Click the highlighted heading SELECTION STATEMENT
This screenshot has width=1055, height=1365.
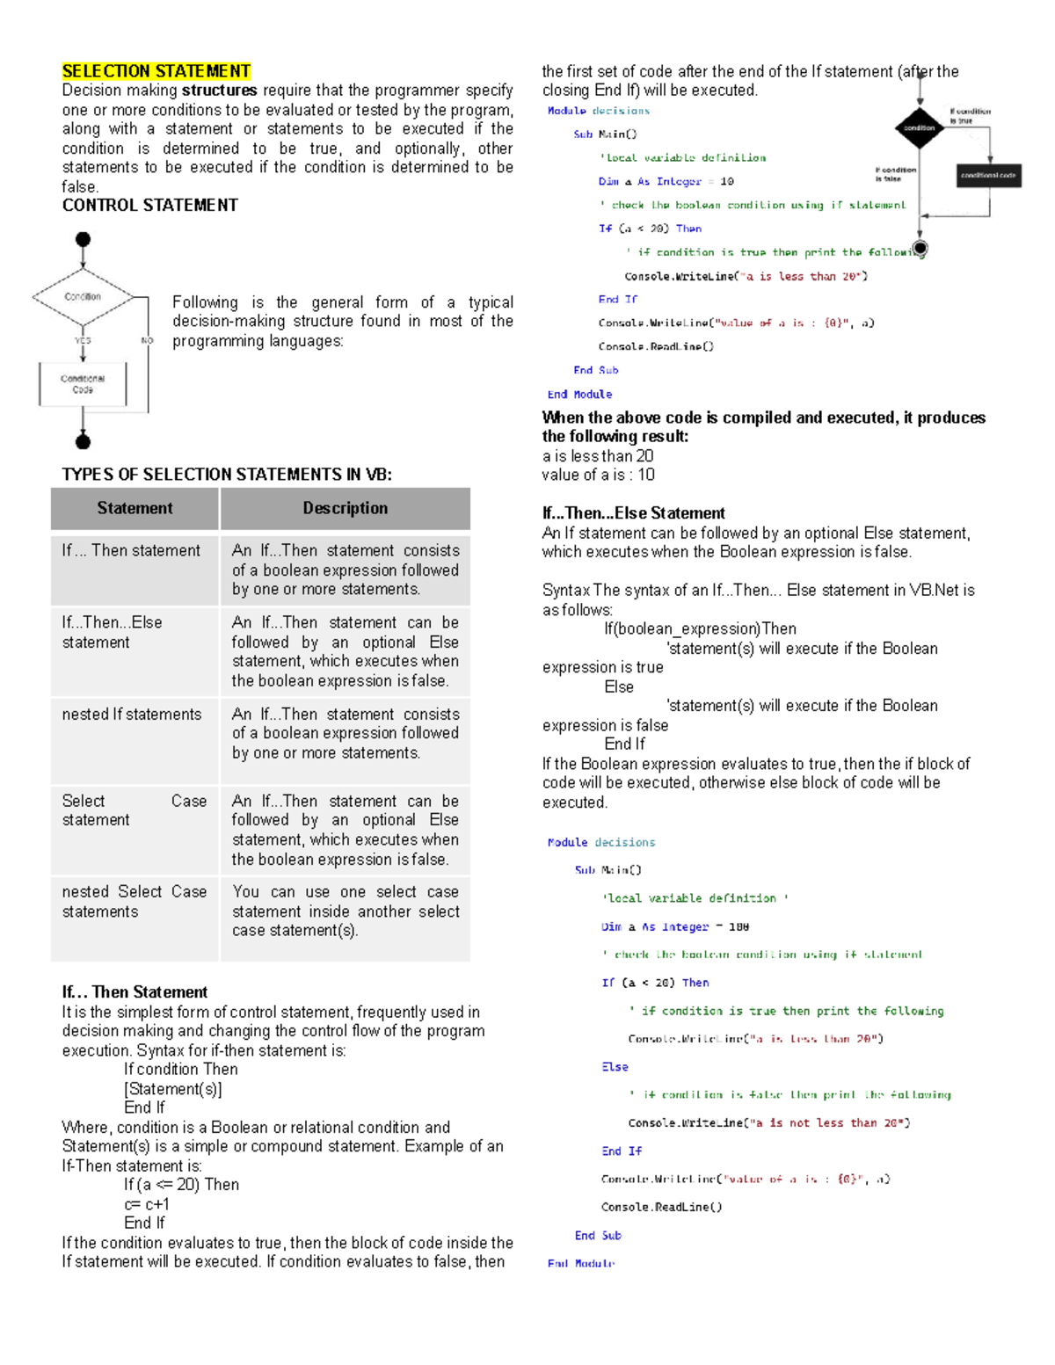(156, 71)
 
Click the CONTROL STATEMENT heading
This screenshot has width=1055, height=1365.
(149, 206)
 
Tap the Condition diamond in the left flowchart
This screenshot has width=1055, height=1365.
(83, 297)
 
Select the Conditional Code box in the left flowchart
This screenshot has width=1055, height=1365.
(83, 384)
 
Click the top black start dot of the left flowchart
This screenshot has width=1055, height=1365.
(83, 239)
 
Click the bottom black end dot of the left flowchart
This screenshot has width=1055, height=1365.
(83, 440)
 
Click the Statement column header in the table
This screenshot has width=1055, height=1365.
(135, 508)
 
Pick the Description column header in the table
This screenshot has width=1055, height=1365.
(345, 508)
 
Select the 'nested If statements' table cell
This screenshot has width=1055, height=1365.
(132, 715)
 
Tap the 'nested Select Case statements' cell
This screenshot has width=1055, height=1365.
(134, 902)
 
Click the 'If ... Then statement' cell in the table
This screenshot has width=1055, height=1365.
(131, 551)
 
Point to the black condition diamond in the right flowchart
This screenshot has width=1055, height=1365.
(920, 127)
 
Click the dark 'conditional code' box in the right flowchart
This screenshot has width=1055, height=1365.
(988, 176)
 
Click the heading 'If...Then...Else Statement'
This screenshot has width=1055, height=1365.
(633, 513)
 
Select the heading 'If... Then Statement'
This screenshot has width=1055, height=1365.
(135, 992)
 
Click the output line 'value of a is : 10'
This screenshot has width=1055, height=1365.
(598, 476)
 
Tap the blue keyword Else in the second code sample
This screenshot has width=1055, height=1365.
(615, 1067)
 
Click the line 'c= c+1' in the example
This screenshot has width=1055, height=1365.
(146, 1204)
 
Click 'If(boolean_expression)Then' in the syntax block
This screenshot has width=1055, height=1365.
(700, 629)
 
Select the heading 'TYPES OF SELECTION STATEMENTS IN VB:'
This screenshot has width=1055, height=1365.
(227, 475)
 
